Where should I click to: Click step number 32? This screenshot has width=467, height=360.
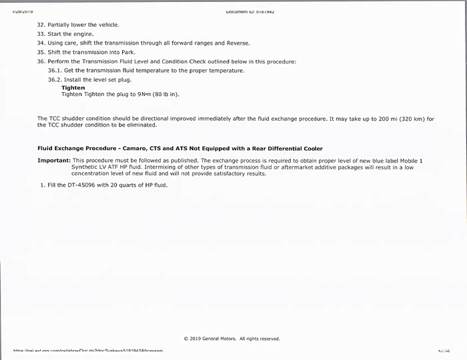pos(41,25)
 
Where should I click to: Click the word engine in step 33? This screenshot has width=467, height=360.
pos(83,34)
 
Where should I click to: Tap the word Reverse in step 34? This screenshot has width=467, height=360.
pos(238,43)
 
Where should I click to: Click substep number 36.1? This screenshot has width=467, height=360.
pos(55,71)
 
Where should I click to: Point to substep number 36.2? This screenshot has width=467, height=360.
pos(55,80)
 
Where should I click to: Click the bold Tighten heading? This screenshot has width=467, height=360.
pos(73,88)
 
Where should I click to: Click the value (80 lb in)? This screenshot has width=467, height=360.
pos(165,95)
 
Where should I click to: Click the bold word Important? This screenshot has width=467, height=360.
pos(53,161)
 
